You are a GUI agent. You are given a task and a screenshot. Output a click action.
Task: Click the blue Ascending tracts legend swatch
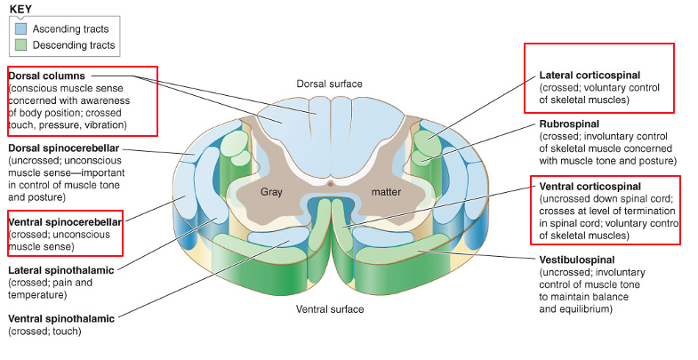click(x=20, y=29)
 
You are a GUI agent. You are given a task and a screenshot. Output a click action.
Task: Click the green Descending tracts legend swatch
click(x=20, y=45)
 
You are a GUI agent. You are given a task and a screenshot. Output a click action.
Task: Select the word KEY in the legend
click(x=20, y=10)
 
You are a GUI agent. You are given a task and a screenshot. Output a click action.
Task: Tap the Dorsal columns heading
click(x=46, y=76)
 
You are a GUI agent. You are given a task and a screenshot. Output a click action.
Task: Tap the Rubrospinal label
click(x=569, y=124)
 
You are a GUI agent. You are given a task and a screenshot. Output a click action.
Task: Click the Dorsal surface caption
click(x=329, y=84)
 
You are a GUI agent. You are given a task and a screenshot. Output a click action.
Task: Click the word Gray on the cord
click(x=271, y=191)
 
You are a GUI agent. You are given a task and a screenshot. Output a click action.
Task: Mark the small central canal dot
click(x=330, y=184)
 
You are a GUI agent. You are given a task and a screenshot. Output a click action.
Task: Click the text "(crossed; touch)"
click(x=44, y=331)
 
